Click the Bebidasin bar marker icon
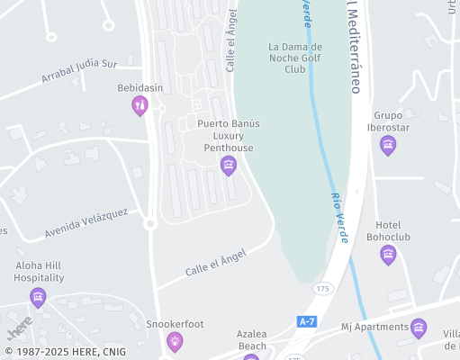pos(140,107)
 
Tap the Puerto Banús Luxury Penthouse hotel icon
pos(229,165)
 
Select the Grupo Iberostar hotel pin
pos(388,145)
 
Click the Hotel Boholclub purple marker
pos(388,255)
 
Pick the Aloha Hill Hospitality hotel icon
pos(38,297)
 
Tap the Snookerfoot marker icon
pos(175,341)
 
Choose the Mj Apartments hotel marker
pos(419,328)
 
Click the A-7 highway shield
pos(306,320)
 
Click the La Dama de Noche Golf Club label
pos(295,58)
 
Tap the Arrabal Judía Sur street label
pos(79,71)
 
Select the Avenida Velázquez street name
pos(86,223)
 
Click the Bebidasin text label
pos(140,87)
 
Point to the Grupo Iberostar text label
pos(388,121)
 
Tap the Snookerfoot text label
pos(175,323)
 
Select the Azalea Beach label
pos(251,339)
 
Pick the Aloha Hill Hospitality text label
pos(39,272)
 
